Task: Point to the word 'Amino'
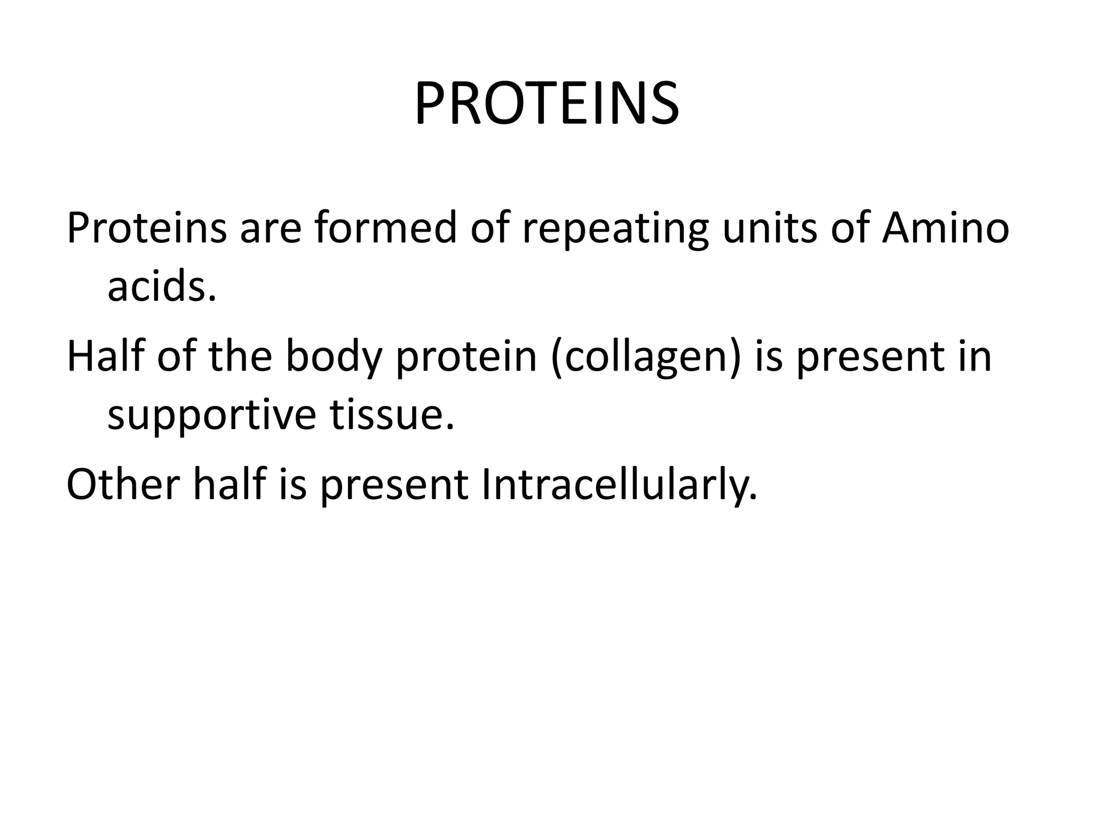945,228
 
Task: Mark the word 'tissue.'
392,415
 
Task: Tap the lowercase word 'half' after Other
229,485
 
